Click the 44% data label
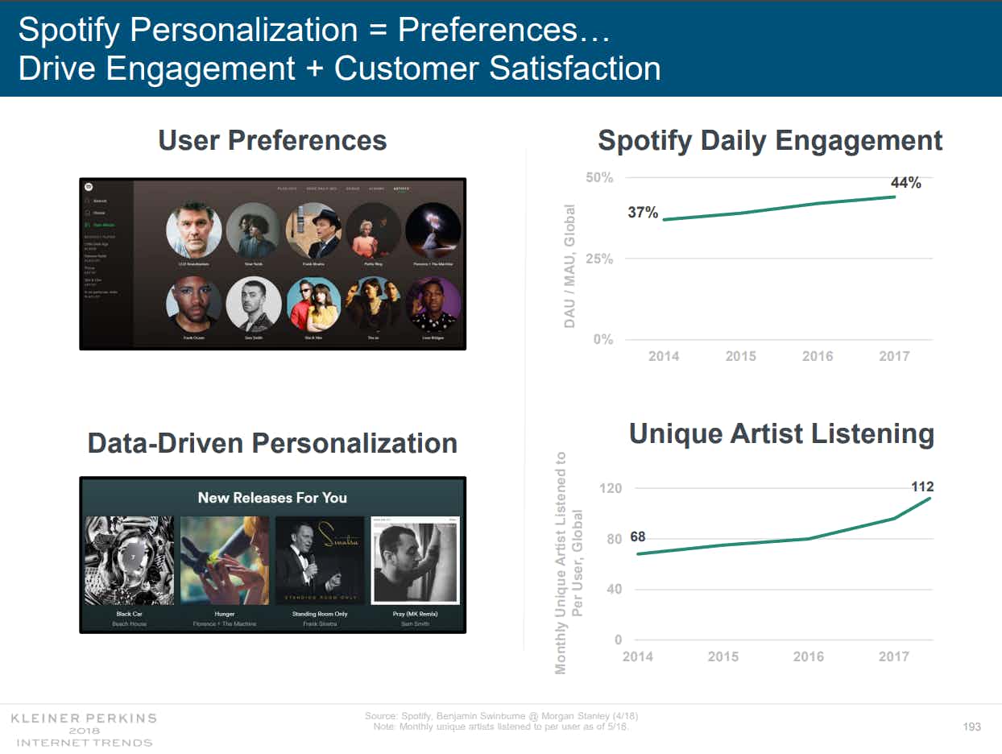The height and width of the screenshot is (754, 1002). click(905, 183)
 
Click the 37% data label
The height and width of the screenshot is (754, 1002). click(643, 213)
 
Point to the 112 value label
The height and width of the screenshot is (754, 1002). click(922, 487)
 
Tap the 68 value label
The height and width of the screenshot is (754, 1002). click(637, 537)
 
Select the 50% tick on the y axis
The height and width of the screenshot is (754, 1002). click(599, 177)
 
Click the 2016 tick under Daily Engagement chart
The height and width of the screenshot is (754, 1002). click(818, 356)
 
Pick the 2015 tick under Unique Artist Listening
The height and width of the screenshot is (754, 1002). click(723, 657)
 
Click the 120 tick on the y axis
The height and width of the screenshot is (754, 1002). click(611, 488)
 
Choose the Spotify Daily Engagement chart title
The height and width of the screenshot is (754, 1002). click(770, 140)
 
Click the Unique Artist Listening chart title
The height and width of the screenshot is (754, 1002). click(781, 433)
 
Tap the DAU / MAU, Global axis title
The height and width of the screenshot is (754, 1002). click(569, 265)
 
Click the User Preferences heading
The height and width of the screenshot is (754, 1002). click(272, 140)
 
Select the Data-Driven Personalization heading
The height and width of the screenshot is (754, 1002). click(272, 443)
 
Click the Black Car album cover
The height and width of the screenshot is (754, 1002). click(129, 561)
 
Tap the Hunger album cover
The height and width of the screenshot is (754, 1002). click(225, 561)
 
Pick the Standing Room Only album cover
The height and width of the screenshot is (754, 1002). click(320, 561)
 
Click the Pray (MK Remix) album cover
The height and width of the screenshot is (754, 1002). click(416, 561)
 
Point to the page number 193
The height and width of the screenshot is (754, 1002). click(972, 727)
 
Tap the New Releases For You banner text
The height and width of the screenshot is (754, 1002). click(272, 498)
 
